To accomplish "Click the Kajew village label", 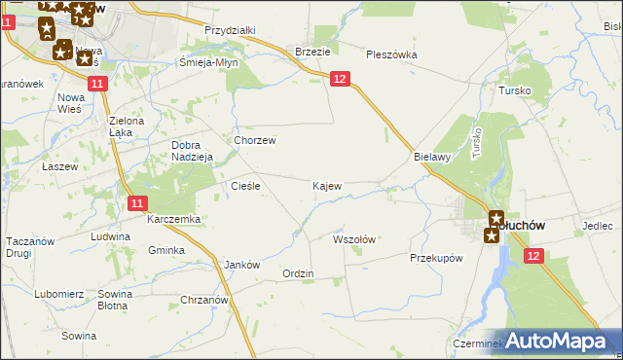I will tap(326, 185).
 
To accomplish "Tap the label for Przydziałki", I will tap(230, 30).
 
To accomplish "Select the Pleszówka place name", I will tap(391, 54).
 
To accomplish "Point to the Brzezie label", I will tap(312, 52).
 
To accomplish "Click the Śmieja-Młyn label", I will tap(208, 61).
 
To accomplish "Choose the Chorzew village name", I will tap(255, 140).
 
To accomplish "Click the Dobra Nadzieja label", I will tap(190, 153).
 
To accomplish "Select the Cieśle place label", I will tap(243, 185).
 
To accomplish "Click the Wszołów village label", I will tap(354, 238).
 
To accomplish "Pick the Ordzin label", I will tap(298, 273).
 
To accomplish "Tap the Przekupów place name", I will tap(435, 258).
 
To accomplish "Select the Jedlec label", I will tap(598, 226).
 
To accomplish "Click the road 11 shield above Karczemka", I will tap(137, 202).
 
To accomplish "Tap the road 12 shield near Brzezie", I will tap(339, 78).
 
